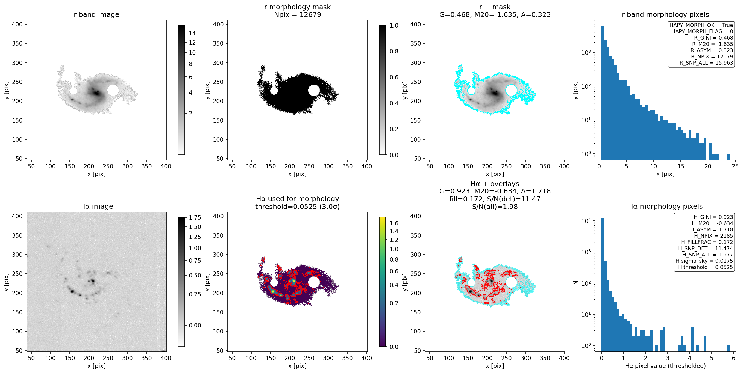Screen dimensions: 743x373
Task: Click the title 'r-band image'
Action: (96, 14)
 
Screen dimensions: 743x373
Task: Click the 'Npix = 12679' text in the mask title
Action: (297, 14)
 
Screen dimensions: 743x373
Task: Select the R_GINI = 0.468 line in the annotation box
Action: (713, 38)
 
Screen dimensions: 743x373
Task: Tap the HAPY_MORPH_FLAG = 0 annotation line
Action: (702, 31)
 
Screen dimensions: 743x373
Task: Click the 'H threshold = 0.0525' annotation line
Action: (705, 267)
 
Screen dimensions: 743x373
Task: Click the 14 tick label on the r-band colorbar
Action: (192, 33)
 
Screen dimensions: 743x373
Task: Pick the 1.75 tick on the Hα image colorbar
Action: (195, 217)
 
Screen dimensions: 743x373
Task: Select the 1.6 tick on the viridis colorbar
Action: (394, 223)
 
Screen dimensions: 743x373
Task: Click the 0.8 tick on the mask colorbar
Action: (394, 51)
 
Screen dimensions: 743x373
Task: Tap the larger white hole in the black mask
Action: (314, 90)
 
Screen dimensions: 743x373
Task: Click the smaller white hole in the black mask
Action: (274, 91)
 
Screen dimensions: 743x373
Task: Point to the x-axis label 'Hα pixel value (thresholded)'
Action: (665, 366)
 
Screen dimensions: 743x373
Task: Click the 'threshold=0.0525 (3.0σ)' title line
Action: (297, 207)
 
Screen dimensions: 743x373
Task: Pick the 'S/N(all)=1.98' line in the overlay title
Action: (495, 207)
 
